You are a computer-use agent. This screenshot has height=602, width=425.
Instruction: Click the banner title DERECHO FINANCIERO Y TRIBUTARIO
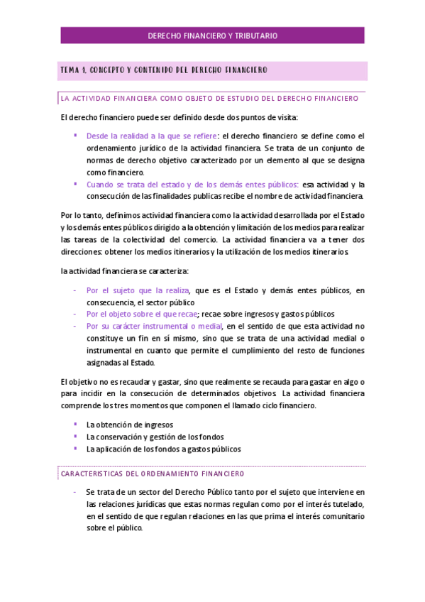212,35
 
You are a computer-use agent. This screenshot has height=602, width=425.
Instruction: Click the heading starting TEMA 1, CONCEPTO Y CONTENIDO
164,70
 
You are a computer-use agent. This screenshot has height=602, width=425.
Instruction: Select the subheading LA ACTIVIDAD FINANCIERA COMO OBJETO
209,98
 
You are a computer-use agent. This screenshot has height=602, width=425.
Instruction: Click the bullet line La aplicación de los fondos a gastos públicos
163,449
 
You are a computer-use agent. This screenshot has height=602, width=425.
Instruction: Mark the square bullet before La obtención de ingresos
75,424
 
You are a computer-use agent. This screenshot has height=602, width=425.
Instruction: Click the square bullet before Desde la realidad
75,135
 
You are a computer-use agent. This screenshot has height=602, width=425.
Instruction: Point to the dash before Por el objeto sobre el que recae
75,314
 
